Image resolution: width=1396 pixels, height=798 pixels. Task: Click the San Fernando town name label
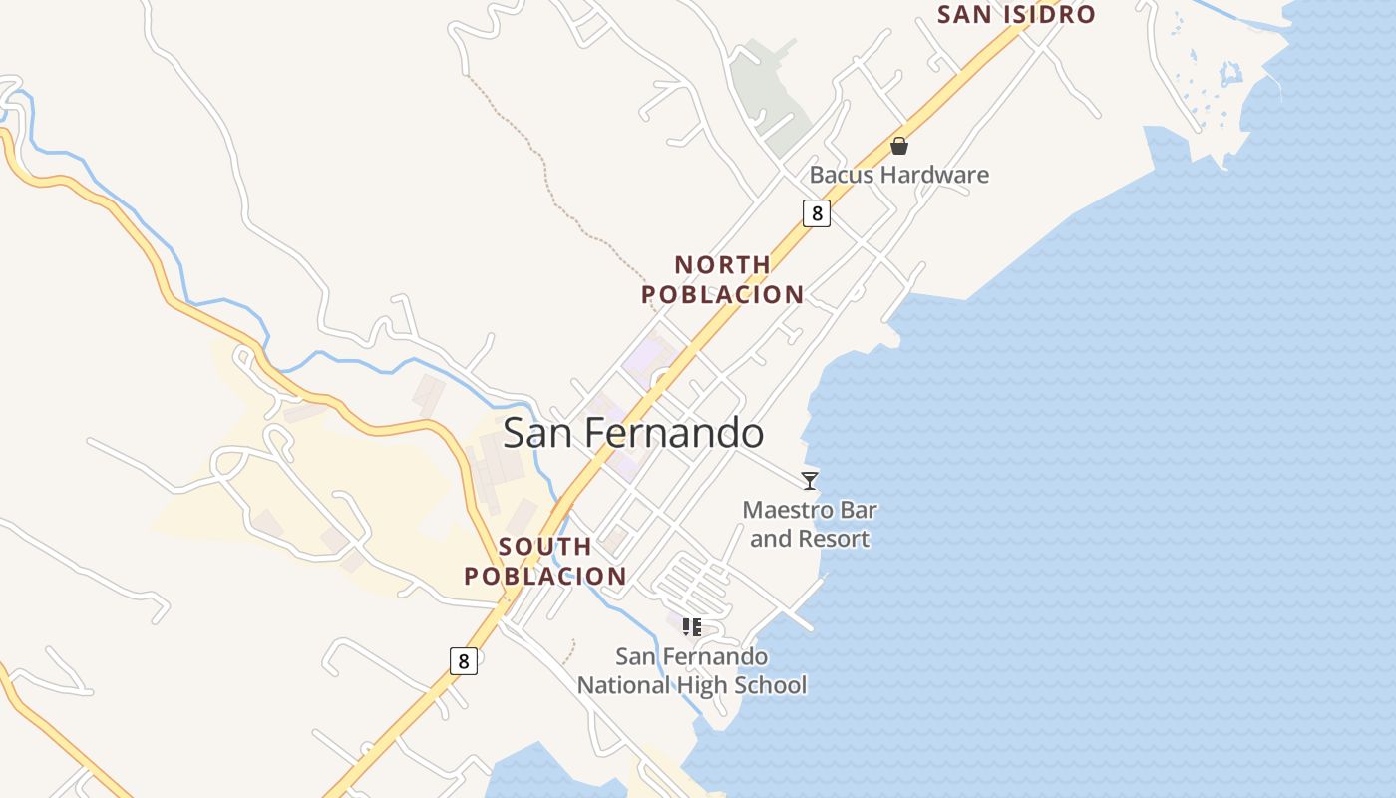633,434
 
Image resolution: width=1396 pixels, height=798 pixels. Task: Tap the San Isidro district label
1016,15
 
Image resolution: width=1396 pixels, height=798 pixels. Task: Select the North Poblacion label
723,280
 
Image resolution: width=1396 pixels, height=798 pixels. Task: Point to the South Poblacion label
545,562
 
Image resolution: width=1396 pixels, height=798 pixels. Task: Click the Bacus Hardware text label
898,175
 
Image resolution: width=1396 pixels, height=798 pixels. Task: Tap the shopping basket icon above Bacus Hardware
899,146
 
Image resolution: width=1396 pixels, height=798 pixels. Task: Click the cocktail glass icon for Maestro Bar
810,480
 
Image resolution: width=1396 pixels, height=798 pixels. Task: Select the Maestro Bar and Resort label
810,525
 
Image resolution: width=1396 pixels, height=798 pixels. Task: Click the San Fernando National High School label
692,671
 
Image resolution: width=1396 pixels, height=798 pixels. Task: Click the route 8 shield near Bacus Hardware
817,212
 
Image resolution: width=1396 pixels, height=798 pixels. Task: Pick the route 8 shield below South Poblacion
463,660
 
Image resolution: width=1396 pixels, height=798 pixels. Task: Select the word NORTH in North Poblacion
723,265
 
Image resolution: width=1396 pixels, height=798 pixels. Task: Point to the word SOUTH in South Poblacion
545,547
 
